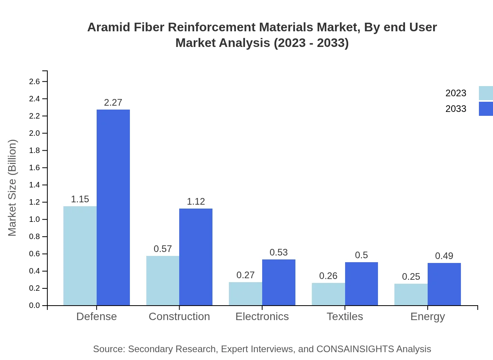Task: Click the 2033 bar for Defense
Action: [x=113, y=207]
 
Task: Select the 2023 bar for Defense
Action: [x=80, y=256]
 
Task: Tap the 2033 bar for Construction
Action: [x=196, y=257]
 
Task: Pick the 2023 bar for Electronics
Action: [x=245, y=293]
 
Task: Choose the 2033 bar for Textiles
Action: [x=362, y=284]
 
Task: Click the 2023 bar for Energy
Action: [x=411, y=294]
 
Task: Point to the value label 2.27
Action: [x=113, y=103]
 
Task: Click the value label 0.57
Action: [x=163, y=249]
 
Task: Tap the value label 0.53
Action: [x=279, y=252]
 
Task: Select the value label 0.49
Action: [x=444, y=256]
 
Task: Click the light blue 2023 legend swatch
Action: [x=486, y=93]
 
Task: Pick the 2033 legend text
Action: [x=456, y=109]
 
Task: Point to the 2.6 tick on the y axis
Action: [x=34, y=81]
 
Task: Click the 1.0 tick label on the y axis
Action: [x=34, y=220]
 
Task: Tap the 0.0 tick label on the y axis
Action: [x=34, y=306]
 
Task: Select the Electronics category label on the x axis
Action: [x=262, y=316]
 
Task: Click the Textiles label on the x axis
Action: [x=345, y=316]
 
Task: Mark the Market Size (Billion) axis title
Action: [x=13, y=187]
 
